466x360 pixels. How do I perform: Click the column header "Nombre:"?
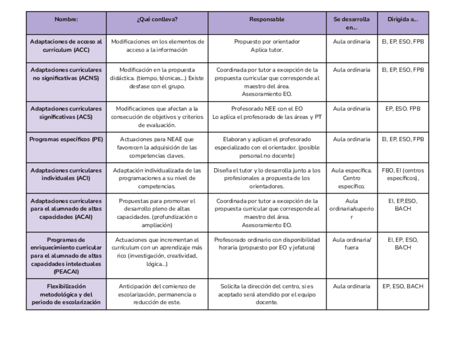point(66,19)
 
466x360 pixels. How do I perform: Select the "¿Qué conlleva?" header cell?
point(157,19)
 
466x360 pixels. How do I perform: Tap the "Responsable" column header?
point(267,19)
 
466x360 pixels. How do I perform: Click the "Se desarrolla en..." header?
point(352,23)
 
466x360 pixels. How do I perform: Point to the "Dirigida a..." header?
point(403,19)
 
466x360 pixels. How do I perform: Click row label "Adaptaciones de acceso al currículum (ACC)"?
point(66,46)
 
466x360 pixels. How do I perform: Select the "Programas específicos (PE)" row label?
point(66,139)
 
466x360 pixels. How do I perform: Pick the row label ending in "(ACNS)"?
point(66,74)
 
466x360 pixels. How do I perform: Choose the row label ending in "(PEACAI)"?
point(66,255)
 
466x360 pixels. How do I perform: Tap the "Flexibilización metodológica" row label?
point(66,294)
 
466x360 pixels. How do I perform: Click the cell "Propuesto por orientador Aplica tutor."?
point(267,46)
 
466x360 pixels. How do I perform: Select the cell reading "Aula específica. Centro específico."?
point(352,178)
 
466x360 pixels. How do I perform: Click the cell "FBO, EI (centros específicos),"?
point(403,174)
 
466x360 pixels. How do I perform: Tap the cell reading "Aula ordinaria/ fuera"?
point(352,243)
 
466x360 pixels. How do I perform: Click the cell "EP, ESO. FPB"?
point(403,109)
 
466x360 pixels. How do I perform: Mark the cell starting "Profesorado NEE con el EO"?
point(267,113)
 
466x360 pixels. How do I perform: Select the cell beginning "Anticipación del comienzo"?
point(157,294)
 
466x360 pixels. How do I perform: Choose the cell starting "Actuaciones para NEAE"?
point(157,147)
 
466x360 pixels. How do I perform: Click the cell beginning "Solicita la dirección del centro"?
point(267,294)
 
